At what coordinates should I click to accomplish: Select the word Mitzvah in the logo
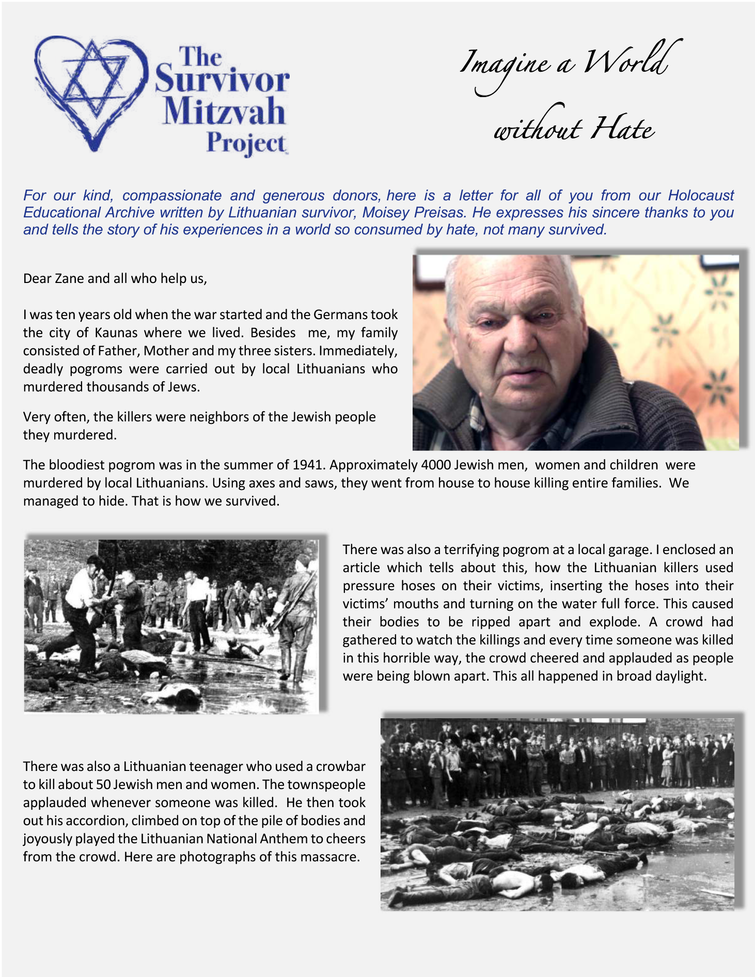pos(224,112)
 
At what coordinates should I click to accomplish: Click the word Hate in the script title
pos(623,129)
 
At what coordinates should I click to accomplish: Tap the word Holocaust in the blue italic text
pos(701,196)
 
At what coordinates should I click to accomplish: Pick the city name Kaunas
pos(116,333)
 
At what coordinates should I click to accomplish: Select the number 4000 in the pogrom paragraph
pos(435,465)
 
